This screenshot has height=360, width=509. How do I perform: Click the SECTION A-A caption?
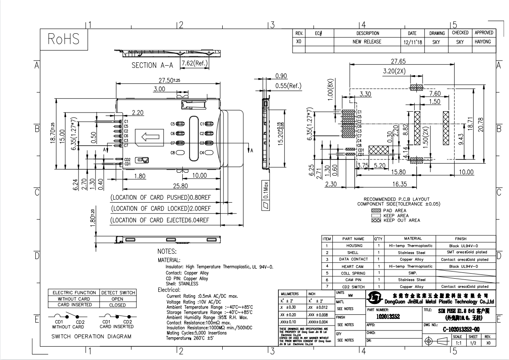[x=152, y=65]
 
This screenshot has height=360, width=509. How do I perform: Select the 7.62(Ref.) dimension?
[x=194, y=64]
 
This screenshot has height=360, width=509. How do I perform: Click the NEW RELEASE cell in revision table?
[x=367, y=42]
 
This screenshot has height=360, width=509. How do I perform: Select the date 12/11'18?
[x=412, y=42]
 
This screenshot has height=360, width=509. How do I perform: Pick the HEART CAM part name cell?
[x=352, y=266]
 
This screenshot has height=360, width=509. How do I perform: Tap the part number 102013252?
[x=388, y=316]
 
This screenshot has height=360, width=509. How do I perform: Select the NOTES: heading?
[x=167, y=252]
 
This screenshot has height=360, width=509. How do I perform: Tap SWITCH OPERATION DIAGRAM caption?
[x=91, y=336]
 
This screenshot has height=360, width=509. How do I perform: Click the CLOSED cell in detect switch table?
[x=118, y=305]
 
